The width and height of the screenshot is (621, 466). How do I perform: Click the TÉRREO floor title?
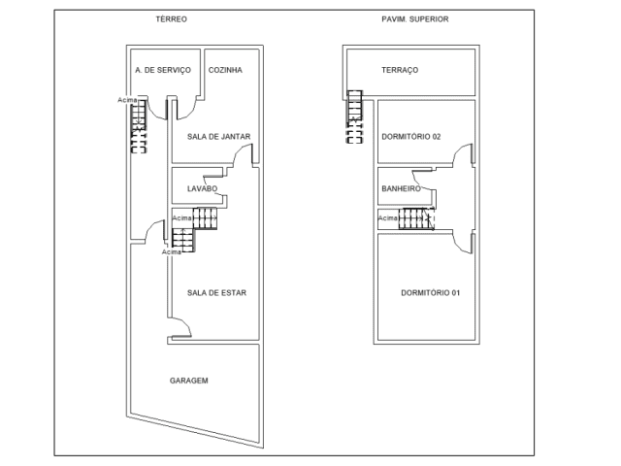[x=171, y=19]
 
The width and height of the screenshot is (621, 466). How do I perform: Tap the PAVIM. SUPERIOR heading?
[x=415, y=19]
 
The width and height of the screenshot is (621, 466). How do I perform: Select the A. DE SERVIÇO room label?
[x=163, y=70]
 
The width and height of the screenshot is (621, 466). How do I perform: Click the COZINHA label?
[x=225, y=70]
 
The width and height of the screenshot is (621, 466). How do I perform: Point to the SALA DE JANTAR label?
[x=218, y=137]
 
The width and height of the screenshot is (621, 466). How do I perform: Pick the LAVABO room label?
[x=202, y=188]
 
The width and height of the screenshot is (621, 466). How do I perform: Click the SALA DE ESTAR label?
[x=216, y=293]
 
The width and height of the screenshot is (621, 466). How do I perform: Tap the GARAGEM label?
[x=189, y=381]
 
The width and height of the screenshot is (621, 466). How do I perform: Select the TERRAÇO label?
[x=400, y=70]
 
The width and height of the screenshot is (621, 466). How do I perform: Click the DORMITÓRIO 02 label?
[x=411, y=137]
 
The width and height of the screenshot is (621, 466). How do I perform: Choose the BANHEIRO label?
[x=401, y=188]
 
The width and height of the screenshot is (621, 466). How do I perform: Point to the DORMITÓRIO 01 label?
[x=431, y=293]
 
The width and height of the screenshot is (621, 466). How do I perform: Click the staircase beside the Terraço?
[x=354, y=116]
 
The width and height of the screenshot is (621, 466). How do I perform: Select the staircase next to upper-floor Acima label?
[x=416, y=218]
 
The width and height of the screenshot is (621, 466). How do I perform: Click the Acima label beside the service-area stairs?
[x=127, y=100]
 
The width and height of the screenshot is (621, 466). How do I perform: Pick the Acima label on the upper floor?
[x=388, y=218]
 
